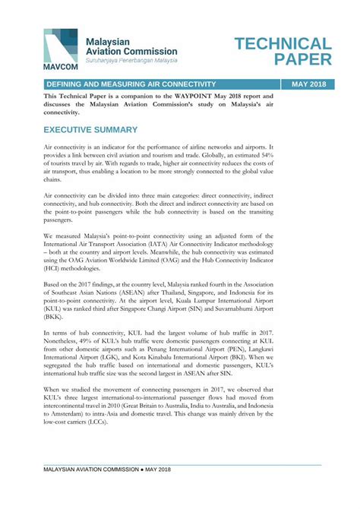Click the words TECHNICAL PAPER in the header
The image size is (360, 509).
[283, 52]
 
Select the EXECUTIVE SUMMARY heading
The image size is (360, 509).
[90, 130]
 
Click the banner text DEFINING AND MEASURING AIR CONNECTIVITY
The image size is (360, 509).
[131, 84]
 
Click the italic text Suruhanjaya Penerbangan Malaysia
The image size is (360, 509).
[131, 59]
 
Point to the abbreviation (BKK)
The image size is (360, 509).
[54, 317]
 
